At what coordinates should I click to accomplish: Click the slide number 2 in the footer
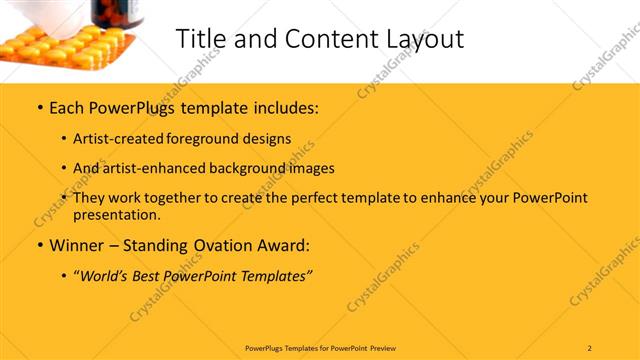590,347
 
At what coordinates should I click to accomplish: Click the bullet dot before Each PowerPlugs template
38,107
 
